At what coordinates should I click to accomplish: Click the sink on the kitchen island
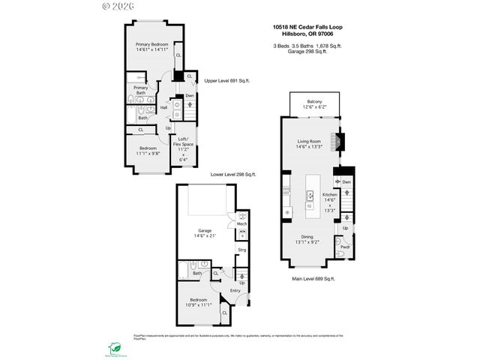coord(308,193)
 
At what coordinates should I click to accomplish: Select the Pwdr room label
coord(345,247)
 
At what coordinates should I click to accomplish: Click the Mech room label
coord(241,224)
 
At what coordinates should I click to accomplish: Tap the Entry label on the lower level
coord(235,290)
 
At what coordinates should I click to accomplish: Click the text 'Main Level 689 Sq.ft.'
coord(313,279)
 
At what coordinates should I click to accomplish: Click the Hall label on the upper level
coord(163,108)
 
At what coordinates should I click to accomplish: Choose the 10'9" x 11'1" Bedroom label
coord(198,302)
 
